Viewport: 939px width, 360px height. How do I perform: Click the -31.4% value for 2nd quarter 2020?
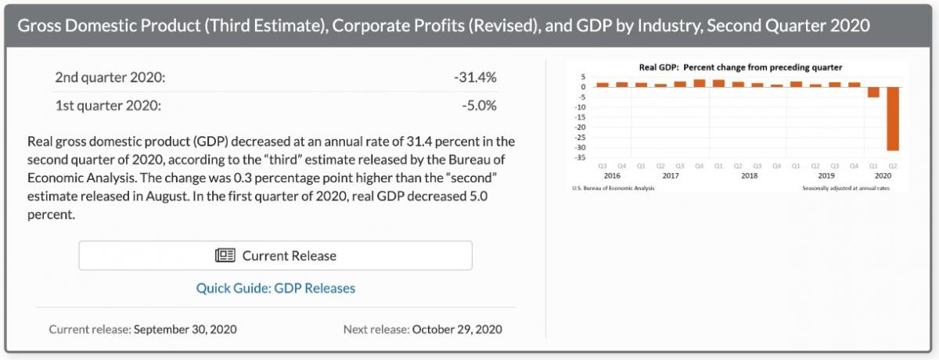point(475,77)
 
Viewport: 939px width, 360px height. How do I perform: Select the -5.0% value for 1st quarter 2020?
point(478,106)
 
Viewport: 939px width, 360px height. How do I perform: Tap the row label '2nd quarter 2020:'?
point(110,77)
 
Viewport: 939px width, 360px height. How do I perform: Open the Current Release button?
point(275,255)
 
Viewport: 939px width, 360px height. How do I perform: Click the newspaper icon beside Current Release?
point(225,256)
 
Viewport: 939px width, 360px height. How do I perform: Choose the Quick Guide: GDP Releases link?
point(275,288)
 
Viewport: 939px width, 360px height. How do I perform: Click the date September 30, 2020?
point(185,329)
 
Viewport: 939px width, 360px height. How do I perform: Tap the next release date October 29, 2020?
point(457,329)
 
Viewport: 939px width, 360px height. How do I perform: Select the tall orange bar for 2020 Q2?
point(892,117)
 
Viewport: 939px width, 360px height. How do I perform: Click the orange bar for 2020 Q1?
point(873,92)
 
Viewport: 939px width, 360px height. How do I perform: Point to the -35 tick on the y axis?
point(581,157)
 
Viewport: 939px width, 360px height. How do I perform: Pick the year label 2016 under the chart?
point(613,176)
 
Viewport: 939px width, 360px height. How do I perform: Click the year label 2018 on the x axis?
point(749,176)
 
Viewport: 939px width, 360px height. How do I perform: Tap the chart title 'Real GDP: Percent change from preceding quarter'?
point(740,67)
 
